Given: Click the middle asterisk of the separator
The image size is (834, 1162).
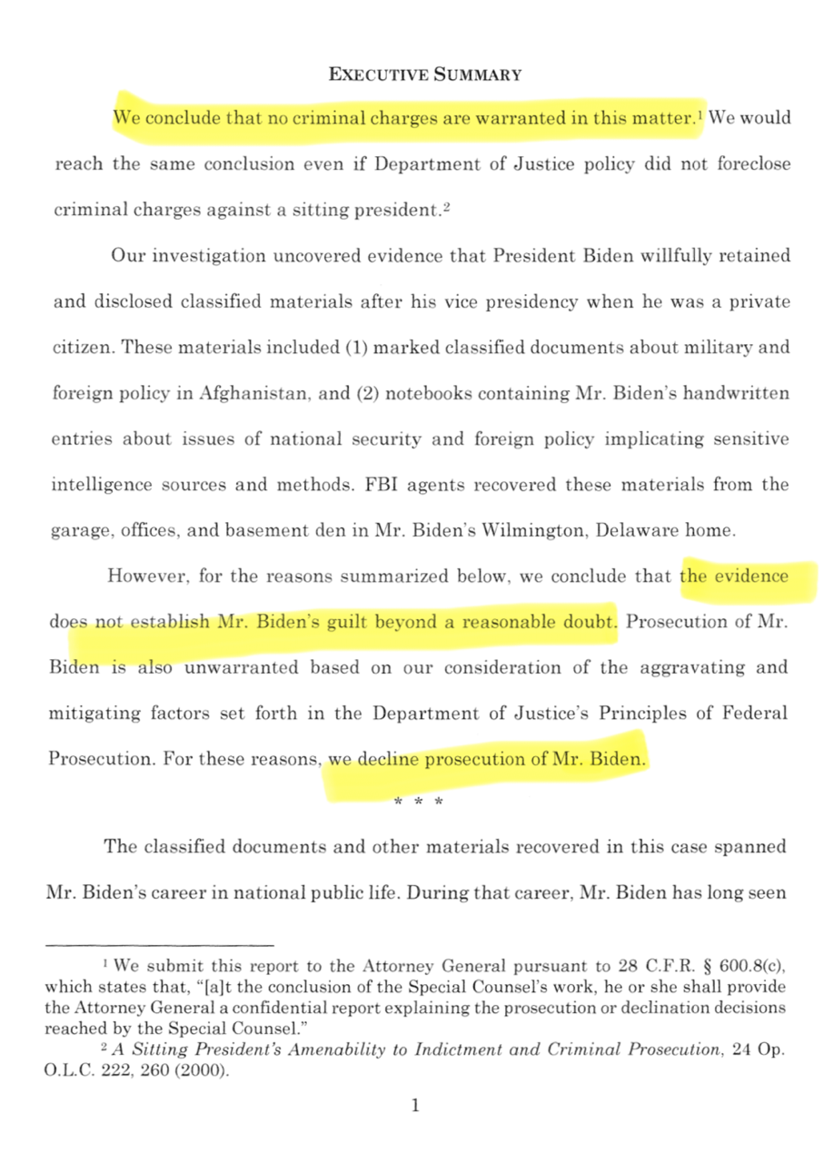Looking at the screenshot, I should coord(417,802).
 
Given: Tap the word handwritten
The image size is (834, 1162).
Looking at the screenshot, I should coord(735,393).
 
